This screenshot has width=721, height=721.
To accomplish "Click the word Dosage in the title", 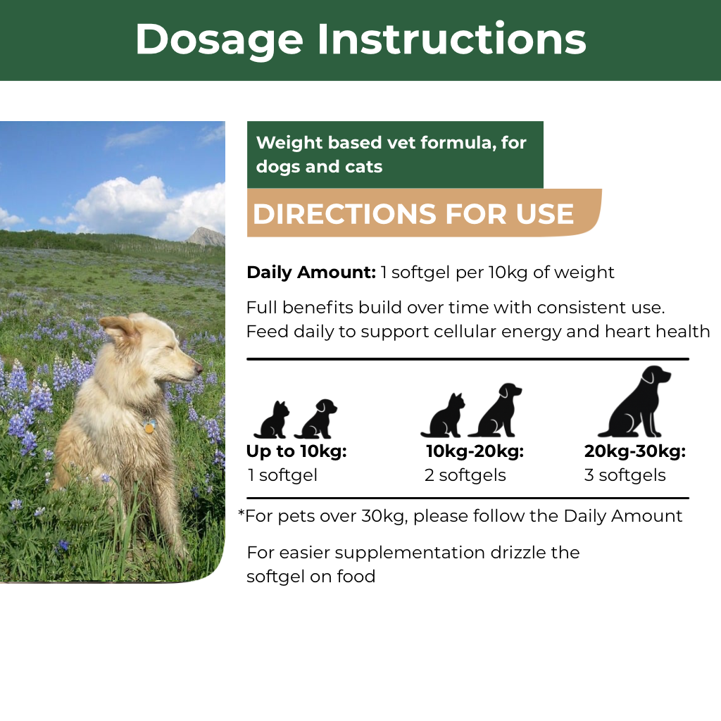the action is point(220,41).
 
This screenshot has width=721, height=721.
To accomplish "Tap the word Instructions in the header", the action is point(452,39).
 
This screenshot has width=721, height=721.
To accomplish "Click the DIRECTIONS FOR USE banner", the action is point(424,213).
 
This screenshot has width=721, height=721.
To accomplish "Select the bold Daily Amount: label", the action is point(311,272).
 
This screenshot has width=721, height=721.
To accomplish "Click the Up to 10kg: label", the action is point(296,451).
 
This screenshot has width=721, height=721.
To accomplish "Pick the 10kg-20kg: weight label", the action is point(475,451).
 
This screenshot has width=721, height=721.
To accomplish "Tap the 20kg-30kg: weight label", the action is point(635,451).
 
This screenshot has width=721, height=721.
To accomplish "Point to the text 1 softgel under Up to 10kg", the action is point(282,475).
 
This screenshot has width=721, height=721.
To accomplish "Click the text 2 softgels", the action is point(465,475).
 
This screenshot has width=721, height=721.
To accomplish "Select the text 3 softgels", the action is point(625,475).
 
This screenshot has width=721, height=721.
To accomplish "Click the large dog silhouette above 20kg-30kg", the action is point(635,402).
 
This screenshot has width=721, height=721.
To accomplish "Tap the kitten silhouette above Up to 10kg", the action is point(272,420).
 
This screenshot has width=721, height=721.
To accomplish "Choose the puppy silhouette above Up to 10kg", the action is point(316,418).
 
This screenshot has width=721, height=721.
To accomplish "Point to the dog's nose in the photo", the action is point(198,369).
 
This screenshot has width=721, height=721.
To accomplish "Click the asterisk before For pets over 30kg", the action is point(241,513).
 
